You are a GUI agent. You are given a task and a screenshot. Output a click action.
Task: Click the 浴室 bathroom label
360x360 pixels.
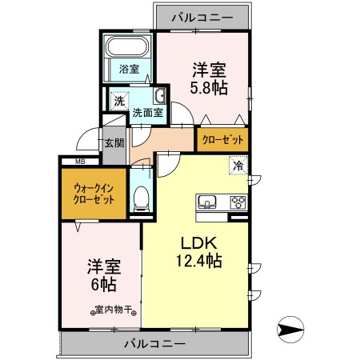129,69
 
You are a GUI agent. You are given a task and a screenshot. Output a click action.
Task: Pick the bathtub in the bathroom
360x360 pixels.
130,46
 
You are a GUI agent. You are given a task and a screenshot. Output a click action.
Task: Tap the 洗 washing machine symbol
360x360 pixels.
118,101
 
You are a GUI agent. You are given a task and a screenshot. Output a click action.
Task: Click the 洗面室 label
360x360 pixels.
147,114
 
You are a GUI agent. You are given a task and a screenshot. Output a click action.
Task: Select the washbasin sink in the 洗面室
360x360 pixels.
159,98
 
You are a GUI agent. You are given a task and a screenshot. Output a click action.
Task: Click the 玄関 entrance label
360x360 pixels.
114,144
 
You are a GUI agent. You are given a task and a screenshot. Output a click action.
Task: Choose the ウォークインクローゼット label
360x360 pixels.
95,194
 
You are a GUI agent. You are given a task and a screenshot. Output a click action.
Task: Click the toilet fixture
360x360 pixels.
141,196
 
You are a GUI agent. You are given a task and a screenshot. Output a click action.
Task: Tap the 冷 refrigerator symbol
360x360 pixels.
238,166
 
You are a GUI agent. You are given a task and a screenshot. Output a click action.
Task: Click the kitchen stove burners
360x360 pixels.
238,201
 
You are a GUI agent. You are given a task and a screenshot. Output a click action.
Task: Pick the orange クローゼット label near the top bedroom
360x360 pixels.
222,139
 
